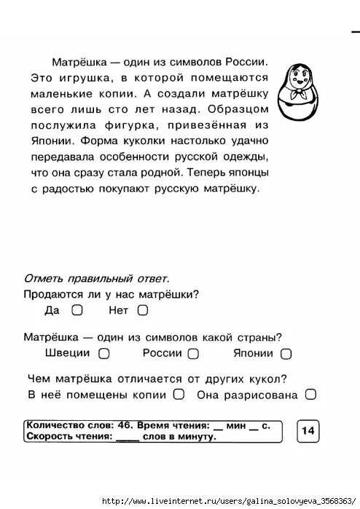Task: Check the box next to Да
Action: click(x=77, y=310)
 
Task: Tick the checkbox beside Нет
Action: click(x=142, y=310)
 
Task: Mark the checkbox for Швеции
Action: click(x=103, y=354)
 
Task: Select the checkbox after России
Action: click(x=193, y=354)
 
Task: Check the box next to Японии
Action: click(x=286, y=354)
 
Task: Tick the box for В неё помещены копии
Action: click(x=179, y=395)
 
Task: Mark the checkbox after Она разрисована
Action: click(x=310, y=395)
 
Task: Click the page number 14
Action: click(x=308, y=431)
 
